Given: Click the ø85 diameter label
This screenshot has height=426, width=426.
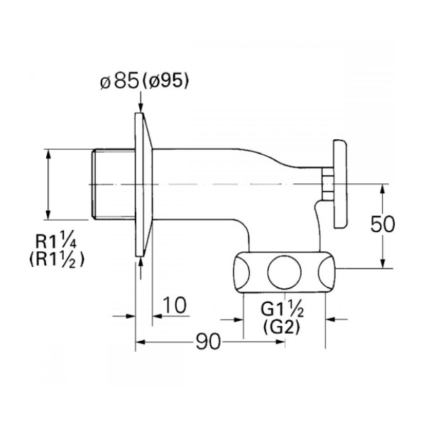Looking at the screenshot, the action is click(119, 81).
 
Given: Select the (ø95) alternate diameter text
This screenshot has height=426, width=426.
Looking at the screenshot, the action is click(165, 81).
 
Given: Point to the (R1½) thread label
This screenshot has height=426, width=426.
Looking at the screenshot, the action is click(57, 259).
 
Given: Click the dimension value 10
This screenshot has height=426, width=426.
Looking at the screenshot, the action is click(175, 305).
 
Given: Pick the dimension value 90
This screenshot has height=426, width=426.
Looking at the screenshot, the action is click(208, 342).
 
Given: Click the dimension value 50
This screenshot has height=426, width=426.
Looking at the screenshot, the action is click(383, 224).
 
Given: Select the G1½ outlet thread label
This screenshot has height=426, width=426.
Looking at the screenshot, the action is click(282, 309).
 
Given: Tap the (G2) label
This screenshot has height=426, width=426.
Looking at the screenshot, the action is click(281, 327).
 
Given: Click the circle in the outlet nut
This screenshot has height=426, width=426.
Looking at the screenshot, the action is click(284, 272).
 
